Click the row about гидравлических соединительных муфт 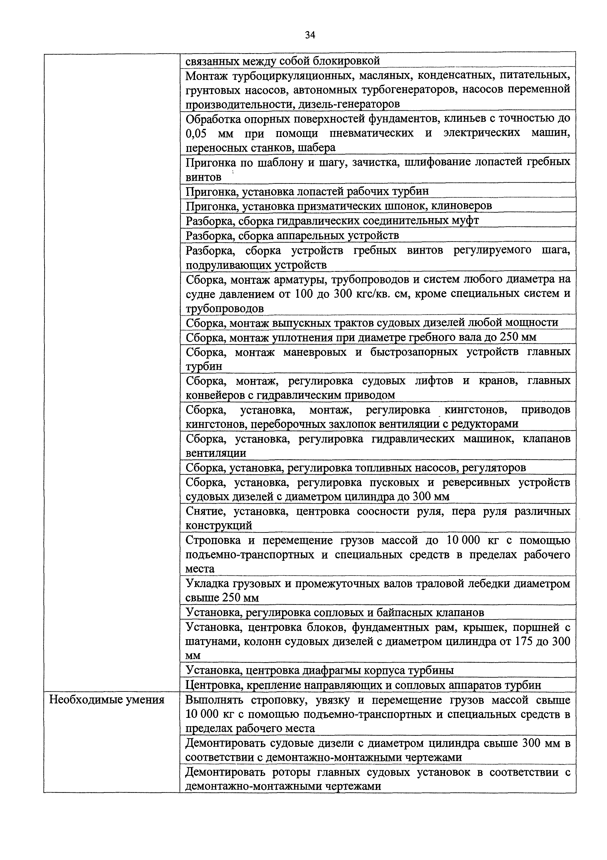point(332,221)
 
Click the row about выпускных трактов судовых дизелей point(372,323)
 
